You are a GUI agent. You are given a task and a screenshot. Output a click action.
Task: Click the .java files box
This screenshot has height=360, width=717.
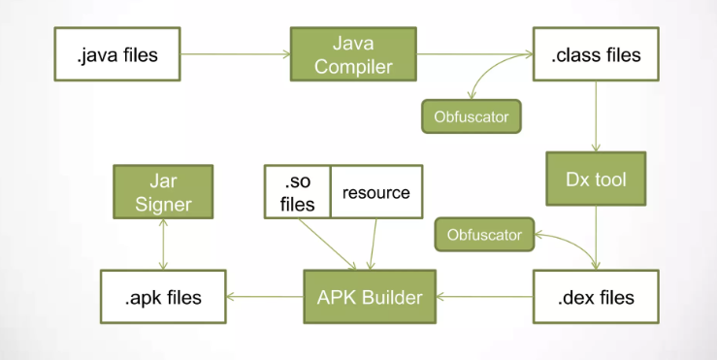click(x=117, y=54)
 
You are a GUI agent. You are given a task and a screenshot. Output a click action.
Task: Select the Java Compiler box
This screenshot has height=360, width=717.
click(x=353, y=54)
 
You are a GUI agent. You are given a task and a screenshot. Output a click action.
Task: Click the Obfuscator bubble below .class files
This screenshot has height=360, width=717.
click(x=471, y=116)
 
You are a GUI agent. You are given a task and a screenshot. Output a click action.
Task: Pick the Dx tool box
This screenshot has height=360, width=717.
click(x=596, y=180)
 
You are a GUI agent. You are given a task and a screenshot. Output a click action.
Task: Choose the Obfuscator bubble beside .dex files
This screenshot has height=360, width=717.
click(x=484, y=234)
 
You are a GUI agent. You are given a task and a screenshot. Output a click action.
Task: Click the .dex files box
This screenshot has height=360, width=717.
click(x=596, y=296)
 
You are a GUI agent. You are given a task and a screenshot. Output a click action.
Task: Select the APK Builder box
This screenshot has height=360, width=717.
click(x=370, y=296)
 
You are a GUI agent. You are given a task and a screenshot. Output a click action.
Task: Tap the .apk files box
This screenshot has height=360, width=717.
click(x=163, y=296)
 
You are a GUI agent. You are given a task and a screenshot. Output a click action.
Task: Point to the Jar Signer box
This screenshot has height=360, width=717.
click(x=163, y=190)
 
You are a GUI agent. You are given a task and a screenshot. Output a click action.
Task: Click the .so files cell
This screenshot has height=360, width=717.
click(x=298, y=191)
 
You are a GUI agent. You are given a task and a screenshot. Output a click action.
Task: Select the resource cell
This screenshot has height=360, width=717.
click(x=376, y=191)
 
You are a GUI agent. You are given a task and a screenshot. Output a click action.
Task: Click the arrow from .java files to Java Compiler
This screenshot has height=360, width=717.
click(x=236, y=54)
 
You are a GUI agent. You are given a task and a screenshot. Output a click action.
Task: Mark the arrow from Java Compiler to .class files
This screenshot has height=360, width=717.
click(x=474, y=54)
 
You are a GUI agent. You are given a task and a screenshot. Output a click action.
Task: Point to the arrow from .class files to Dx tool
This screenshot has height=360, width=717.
click(x=596, y=115)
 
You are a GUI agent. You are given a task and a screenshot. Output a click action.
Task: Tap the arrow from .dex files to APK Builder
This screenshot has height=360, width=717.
click(x=484, y=296)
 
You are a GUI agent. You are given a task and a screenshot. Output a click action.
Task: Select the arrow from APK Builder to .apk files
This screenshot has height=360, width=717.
click(x=265, y=296)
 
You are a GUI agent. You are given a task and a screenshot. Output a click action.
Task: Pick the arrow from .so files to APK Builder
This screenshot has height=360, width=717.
click(x=330, y=244)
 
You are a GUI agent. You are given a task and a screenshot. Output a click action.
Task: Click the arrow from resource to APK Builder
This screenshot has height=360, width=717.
click(x=374, y=244)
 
